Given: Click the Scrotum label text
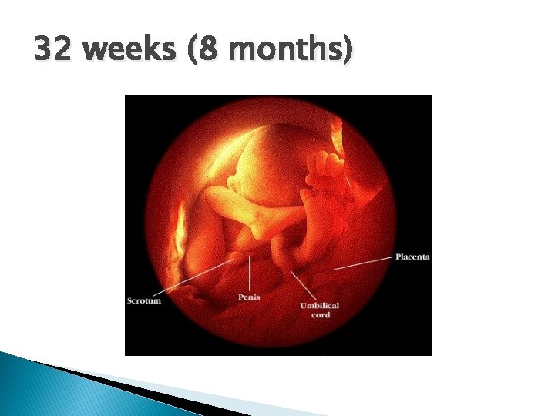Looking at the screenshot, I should (144, 300).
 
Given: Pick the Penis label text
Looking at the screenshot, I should (249, 297).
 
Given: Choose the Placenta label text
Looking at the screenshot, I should (412, 257).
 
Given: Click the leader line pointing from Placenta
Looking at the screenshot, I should (362, 262).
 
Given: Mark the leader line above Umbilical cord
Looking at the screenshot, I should (302, 285).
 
